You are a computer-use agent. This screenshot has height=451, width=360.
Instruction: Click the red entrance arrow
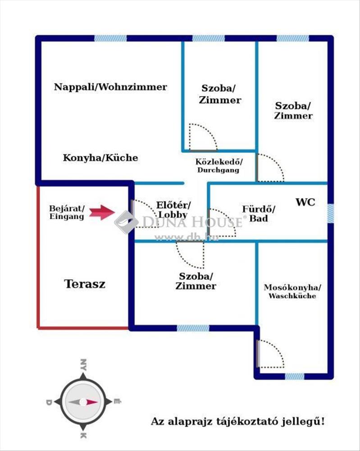(102, 212)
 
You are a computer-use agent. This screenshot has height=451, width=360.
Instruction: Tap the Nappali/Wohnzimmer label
(111, 87)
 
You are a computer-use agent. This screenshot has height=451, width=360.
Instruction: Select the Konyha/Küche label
(100, 157)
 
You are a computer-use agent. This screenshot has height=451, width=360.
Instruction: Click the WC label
(305, 202)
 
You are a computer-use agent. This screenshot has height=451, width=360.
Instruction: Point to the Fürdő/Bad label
(259, 214)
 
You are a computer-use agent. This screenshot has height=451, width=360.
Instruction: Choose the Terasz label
(84, 284)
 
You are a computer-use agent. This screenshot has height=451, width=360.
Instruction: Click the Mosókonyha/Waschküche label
(292, 292)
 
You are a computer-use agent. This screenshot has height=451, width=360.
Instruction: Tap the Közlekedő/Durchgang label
(219, 166)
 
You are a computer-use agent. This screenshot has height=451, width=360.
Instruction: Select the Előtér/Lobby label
(173, 210)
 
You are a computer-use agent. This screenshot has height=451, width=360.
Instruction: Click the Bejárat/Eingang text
(67, 212)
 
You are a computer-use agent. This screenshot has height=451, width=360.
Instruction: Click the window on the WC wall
(330, 213)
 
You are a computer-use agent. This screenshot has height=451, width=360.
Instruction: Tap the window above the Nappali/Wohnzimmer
(111, 38)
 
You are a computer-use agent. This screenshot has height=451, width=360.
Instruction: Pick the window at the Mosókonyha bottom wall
(295, 376)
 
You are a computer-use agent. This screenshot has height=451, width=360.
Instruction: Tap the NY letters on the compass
(83, 364)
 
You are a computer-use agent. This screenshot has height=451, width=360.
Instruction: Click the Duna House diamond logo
(127, 222)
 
